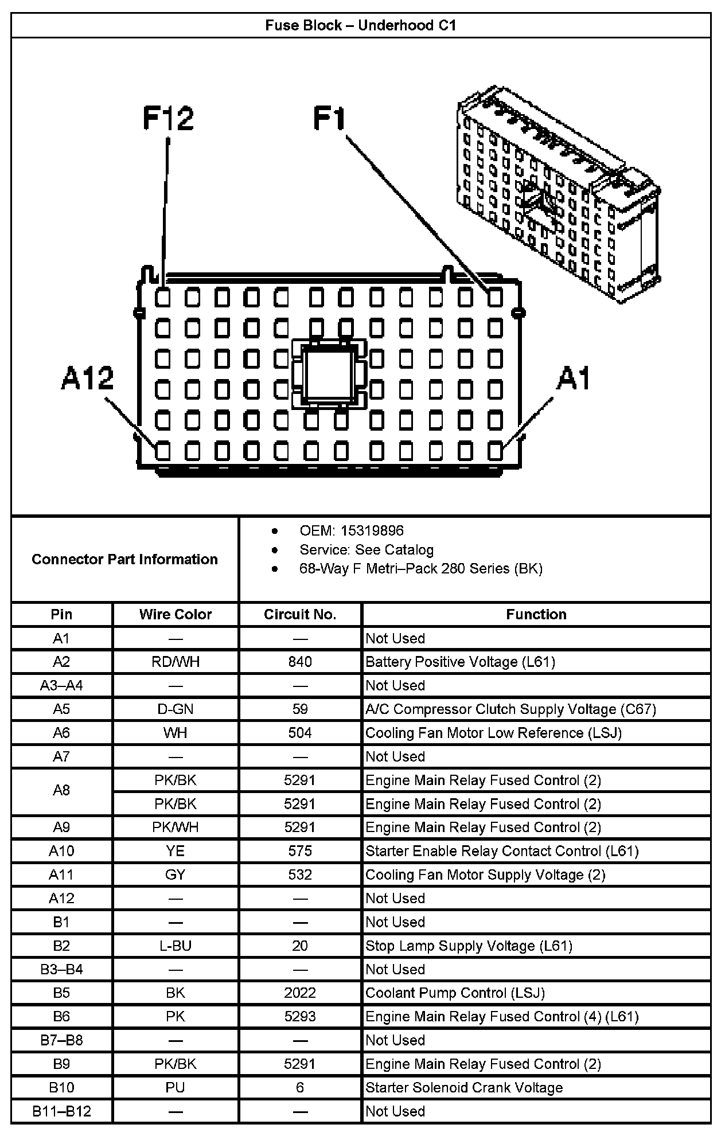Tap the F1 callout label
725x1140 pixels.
330,118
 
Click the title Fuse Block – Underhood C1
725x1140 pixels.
361,26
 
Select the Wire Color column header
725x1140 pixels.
176,614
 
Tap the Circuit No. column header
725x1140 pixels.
300,614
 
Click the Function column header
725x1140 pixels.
536,614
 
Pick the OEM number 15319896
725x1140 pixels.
372,530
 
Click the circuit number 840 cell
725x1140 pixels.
300,662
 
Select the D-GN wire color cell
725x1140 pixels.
176,709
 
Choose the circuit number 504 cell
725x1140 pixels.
300,733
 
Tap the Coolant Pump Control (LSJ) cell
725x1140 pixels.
455,993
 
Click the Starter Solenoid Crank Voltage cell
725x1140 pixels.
464,1087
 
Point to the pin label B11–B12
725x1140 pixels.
61,1111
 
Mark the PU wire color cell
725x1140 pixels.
176,1087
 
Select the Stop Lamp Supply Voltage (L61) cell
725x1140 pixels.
469,946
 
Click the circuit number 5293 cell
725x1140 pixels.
300,1016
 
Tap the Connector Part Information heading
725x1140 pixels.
124,559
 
